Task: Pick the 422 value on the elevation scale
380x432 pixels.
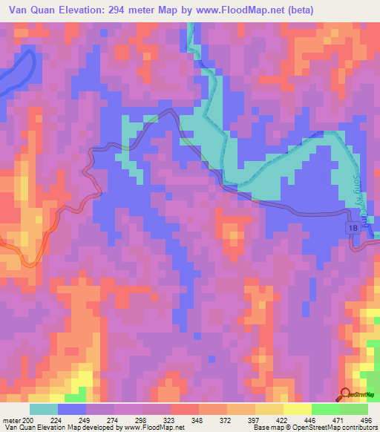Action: pyautogui.click(x=283, y=419)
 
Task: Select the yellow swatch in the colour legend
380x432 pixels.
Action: pyautogui.click(x=297, y=409)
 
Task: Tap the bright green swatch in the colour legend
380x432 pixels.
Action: pyautogui.click(x=325, y=409)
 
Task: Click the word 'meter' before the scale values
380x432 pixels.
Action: pyautogui.click(x=11, y=419)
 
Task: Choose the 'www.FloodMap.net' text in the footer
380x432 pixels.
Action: pyautogui.click(x=154, y=428)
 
